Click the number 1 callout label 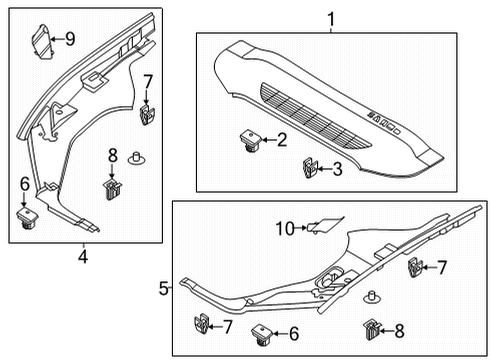click(327, 16)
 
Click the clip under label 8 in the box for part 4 click(113, 186)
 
